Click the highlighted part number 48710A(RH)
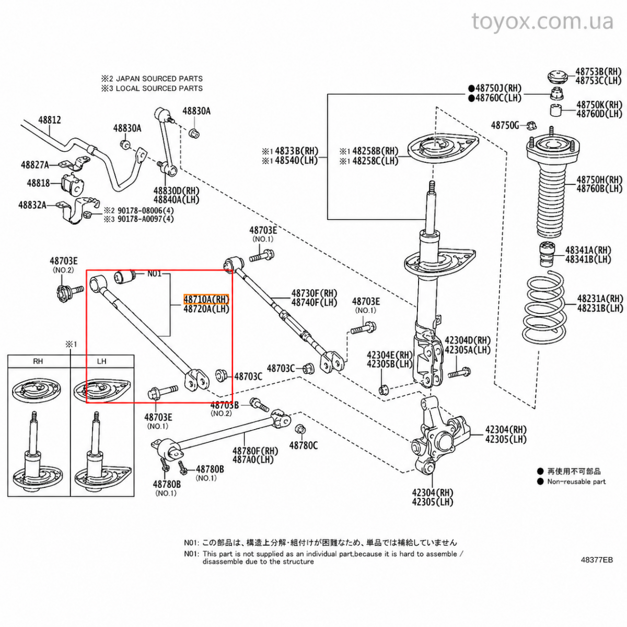[206, 299]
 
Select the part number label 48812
[50, 120]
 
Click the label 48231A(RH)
[600, 298]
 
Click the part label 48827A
[35, 165]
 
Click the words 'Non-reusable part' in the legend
[576, 482]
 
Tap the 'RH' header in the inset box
[38, 361]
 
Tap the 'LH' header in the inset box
[101, 361]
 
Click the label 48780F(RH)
[256, 451]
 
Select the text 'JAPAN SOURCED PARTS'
[159, 78]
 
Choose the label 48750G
[505, 125]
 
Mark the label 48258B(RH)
[376, 151]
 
